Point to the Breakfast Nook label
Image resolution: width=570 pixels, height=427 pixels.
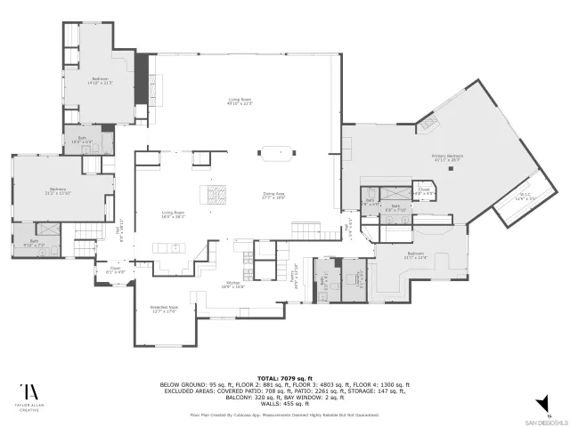click(165, 310)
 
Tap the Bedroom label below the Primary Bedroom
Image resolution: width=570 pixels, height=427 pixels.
click(416, 256)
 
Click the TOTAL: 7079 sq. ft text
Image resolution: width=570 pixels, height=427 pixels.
click(285, 378)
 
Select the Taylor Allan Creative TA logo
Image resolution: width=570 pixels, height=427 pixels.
click(31, 392)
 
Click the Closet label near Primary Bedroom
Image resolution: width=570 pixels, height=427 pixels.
click(424, 191)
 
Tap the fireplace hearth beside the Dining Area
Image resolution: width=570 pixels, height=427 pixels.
click(217, 193)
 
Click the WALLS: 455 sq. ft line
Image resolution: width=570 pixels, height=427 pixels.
click(285, 405)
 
